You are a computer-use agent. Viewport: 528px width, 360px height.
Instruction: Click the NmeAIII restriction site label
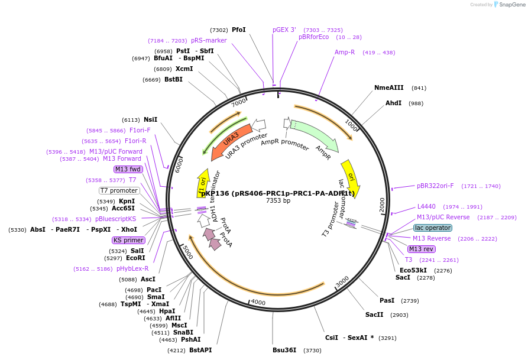pos(388,87)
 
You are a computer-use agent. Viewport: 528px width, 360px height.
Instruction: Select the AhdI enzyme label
pos(393,103)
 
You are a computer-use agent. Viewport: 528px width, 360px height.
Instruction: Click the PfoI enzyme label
pos(238,30)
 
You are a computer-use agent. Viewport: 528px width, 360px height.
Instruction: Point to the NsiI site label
pos(150,119)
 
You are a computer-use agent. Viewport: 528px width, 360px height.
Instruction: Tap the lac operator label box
pos(433,228)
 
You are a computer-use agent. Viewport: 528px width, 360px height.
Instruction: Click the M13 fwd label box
pos(128,169)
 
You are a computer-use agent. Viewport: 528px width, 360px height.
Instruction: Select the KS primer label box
pos(128,240)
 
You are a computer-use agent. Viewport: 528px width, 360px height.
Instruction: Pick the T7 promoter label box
pos(119,190)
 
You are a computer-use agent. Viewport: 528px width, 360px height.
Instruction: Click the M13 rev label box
pos(421,249)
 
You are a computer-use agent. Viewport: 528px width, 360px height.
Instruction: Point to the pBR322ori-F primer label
pos(435,186)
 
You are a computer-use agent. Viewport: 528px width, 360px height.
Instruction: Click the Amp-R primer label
pos(345,52)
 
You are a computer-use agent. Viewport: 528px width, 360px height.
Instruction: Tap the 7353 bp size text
pos(278,201)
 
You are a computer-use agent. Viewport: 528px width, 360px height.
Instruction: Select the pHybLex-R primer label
pos(132,268)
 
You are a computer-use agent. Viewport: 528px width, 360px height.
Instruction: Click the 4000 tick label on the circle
pos(258,301)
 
